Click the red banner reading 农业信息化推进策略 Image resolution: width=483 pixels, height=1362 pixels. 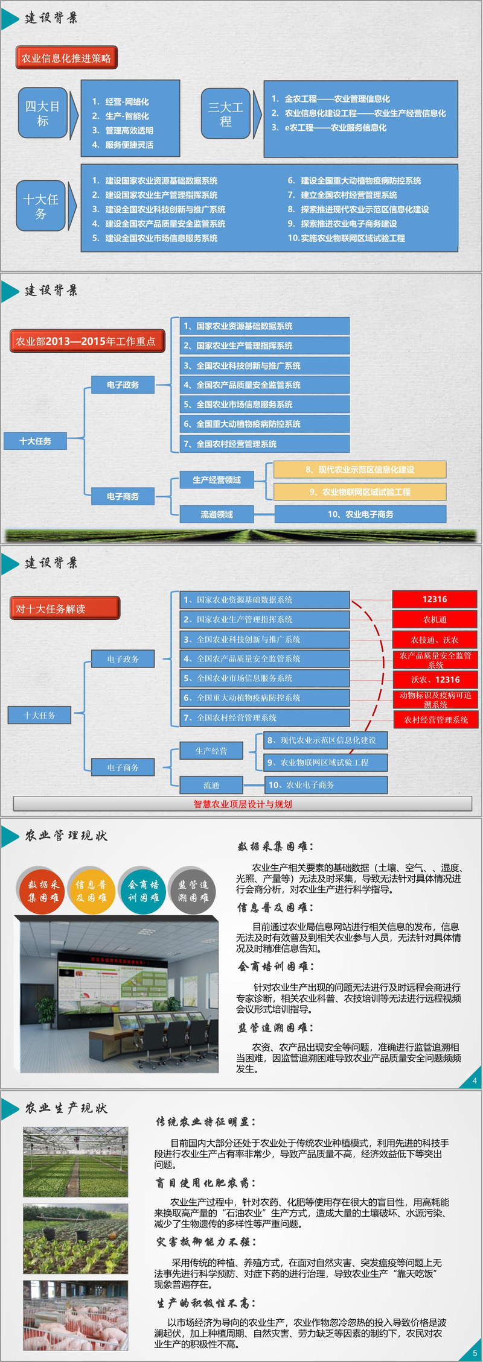click(66, 58)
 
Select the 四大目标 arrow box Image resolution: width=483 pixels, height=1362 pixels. click(43, 113)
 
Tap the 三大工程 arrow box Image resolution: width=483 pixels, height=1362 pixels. click(226, 114)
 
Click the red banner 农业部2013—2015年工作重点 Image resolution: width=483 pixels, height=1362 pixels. click(86, 341)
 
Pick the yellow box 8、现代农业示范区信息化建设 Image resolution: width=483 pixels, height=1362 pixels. click(360, 470)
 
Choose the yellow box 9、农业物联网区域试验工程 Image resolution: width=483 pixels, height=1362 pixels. click(360, 492)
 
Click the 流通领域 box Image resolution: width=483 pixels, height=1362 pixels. click(217, 514)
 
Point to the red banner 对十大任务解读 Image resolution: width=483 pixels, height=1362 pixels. click(65, 608)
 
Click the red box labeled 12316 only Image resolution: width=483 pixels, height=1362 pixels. click(435, 599)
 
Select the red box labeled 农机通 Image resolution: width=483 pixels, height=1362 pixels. click(435, 619)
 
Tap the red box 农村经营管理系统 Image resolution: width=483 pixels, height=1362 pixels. click(435, 719)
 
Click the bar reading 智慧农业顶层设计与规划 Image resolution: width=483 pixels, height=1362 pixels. click(243, 804)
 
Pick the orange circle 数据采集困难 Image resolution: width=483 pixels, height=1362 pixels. click(42, 891)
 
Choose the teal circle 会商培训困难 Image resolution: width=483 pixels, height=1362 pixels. click(142, 891)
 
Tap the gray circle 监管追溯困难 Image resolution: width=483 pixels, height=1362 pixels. click(193, 891)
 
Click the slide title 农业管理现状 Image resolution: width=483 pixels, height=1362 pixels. click(66, 836)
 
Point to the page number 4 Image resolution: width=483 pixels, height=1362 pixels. click(475, 1080)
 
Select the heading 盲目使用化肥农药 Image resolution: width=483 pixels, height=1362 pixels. click(205, 1183)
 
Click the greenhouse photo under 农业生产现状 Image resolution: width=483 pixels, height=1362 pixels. click(75, 1162)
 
